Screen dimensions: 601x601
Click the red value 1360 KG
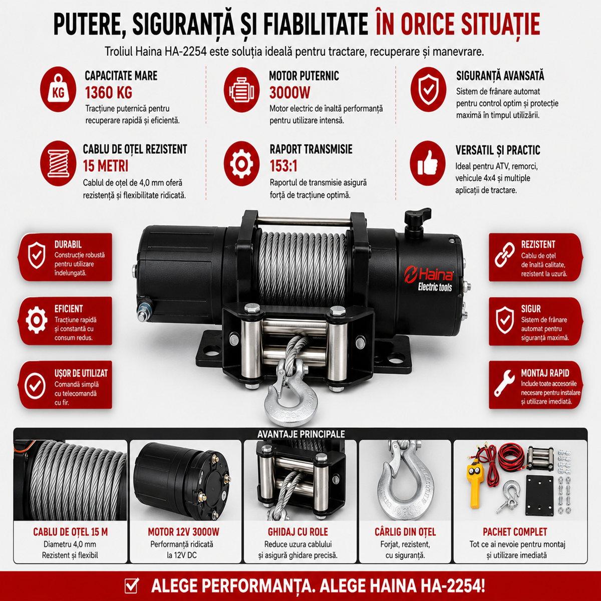click(x=109, y=93)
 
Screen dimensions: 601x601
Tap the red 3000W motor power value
click(x=290, y=93)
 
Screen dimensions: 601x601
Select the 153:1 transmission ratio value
click(x=283, y=166)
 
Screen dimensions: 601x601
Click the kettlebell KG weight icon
click(x=58, y=89)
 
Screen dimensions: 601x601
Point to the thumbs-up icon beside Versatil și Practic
click(x=428, y=163)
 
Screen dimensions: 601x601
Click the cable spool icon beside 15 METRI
click(x=58, y=163)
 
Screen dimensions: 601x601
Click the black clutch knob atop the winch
click(x=417, y=220)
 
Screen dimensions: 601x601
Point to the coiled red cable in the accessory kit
click(x=511, y=456)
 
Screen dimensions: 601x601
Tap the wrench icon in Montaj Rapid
click(x=504, y=383)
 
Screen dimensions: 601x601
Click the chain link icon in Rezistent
click(x=505, y=255)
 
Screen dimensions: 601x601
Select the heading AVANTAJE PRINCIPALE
click(x=301, y=434)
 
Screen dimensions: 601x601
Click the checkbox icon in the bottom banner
click(x=132, y=585)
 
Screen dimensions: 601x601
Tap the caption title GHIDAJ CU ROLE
click(x=298, y=532)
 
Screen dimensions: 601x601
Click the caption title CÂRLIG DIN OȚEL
click(x=405, y=532)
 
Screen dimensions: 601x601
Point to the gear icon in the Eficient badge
click(x=37, y=320)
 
